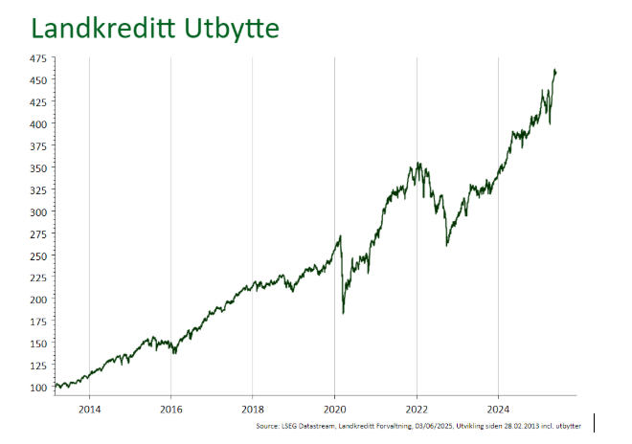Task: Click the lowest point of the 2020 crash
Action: click(x=343, y=313)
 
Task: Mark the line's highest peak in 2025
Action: click(x=555, y=70)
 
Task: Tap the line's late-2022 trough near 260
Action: click(x=446, y=246)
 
